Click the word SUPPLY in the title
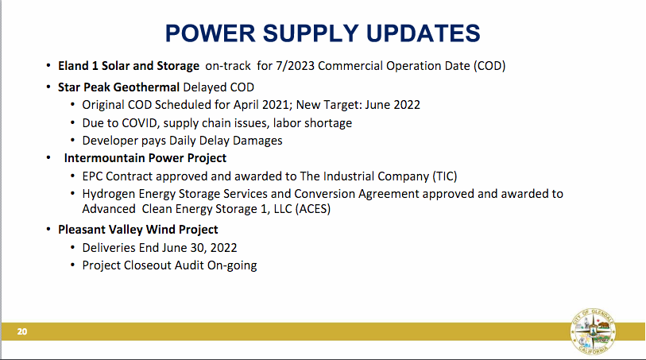tap(311, 33)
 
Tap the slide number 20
tap(22, 331)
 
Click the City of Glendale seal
tap(594, 331)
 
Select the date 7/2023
tap(295, 66)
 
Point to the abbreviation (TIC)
tap(445, 176)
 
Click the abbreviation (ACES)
tap(313, 209)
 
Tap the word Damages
tap(257, 141)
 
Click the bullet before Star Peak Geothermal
tap(48, 87)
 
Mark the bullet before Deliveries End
tap(73, 247)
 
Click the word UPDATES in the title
tap(423, 33)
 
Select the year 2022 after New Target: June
tap(407, 105)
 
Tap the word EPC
tap(92, 176)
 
